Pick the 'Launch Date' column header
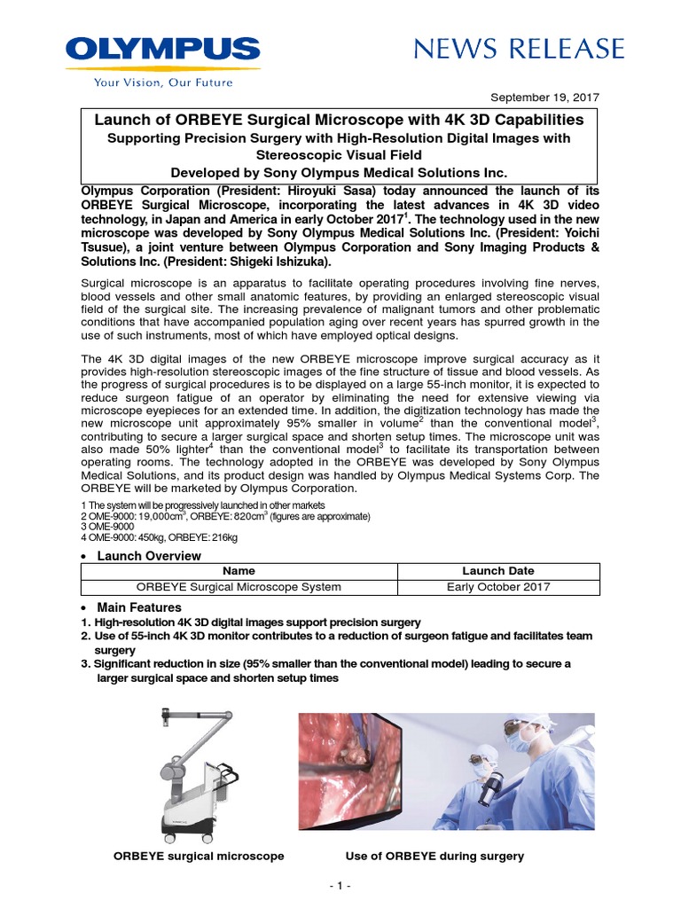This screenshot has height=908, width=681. (498, 571)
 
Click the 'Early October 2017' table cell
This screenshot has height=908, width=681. (498, 586)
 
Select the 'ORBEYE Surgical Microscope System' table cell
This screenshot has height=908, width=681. (239, 586)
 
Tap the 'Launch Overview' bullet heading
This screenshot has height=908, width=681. (148, 556)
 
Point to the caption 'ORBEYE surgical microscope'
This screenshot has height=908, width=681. (199, 856)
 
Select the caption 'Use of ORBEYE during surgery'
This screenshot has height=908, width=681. (434, 856)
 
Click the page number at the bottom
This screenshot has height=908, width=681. (340, 886)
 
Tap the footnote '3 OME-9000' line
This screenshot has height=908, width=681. (109, 527)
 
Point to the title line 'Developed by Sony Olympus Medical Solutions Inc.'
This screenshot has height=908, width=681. (340, 172)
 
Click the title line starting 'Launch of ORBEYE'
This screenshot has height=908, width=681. (340, 119)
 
